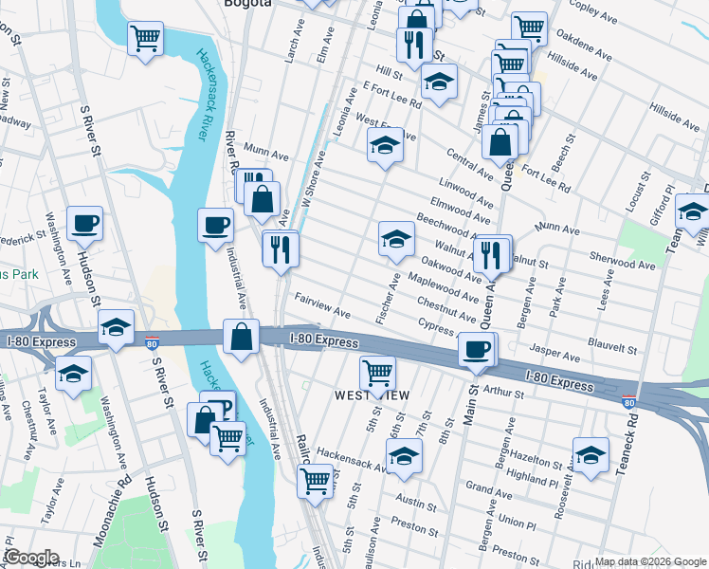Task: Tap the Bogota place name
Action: (x=247, y=4)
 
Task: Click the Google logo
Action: (x=31, y=558)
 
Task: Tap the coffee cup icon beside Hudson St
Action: (x=84, y=224)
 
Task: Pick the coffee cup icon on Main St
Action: (x=476, y=349)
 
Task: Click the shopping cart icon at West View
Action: (x=377, y=373)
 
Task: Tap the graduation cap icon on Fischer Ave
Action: (x=396, y=238)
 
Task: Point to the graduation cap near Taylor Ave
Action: (x=73, y=373)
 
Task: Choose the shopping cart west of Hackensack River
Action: (x=146, y=39)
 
